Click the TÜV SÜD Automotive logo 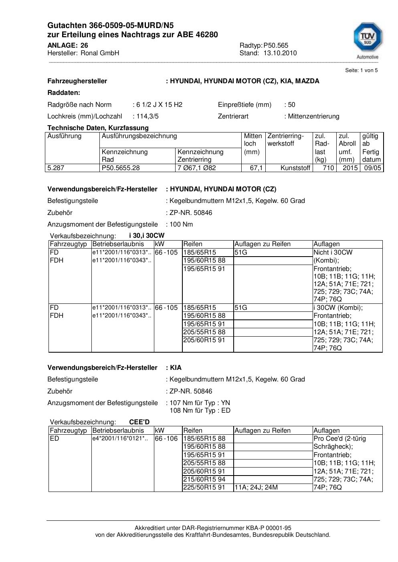367,40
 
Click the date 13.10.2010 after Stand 280,53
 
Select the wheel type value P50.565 276,46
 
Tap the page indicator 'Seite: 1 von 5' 361,70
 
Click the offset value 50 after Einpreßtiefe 291,105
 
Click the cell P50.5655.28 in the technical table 121,168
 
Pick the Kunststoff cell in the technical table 295,168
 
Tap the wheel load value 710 329,168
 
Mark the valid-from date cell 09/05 372,168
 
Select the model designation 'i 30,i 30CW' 146,236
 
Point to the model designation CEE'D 139,422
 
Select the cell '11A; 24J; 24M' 256,488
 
